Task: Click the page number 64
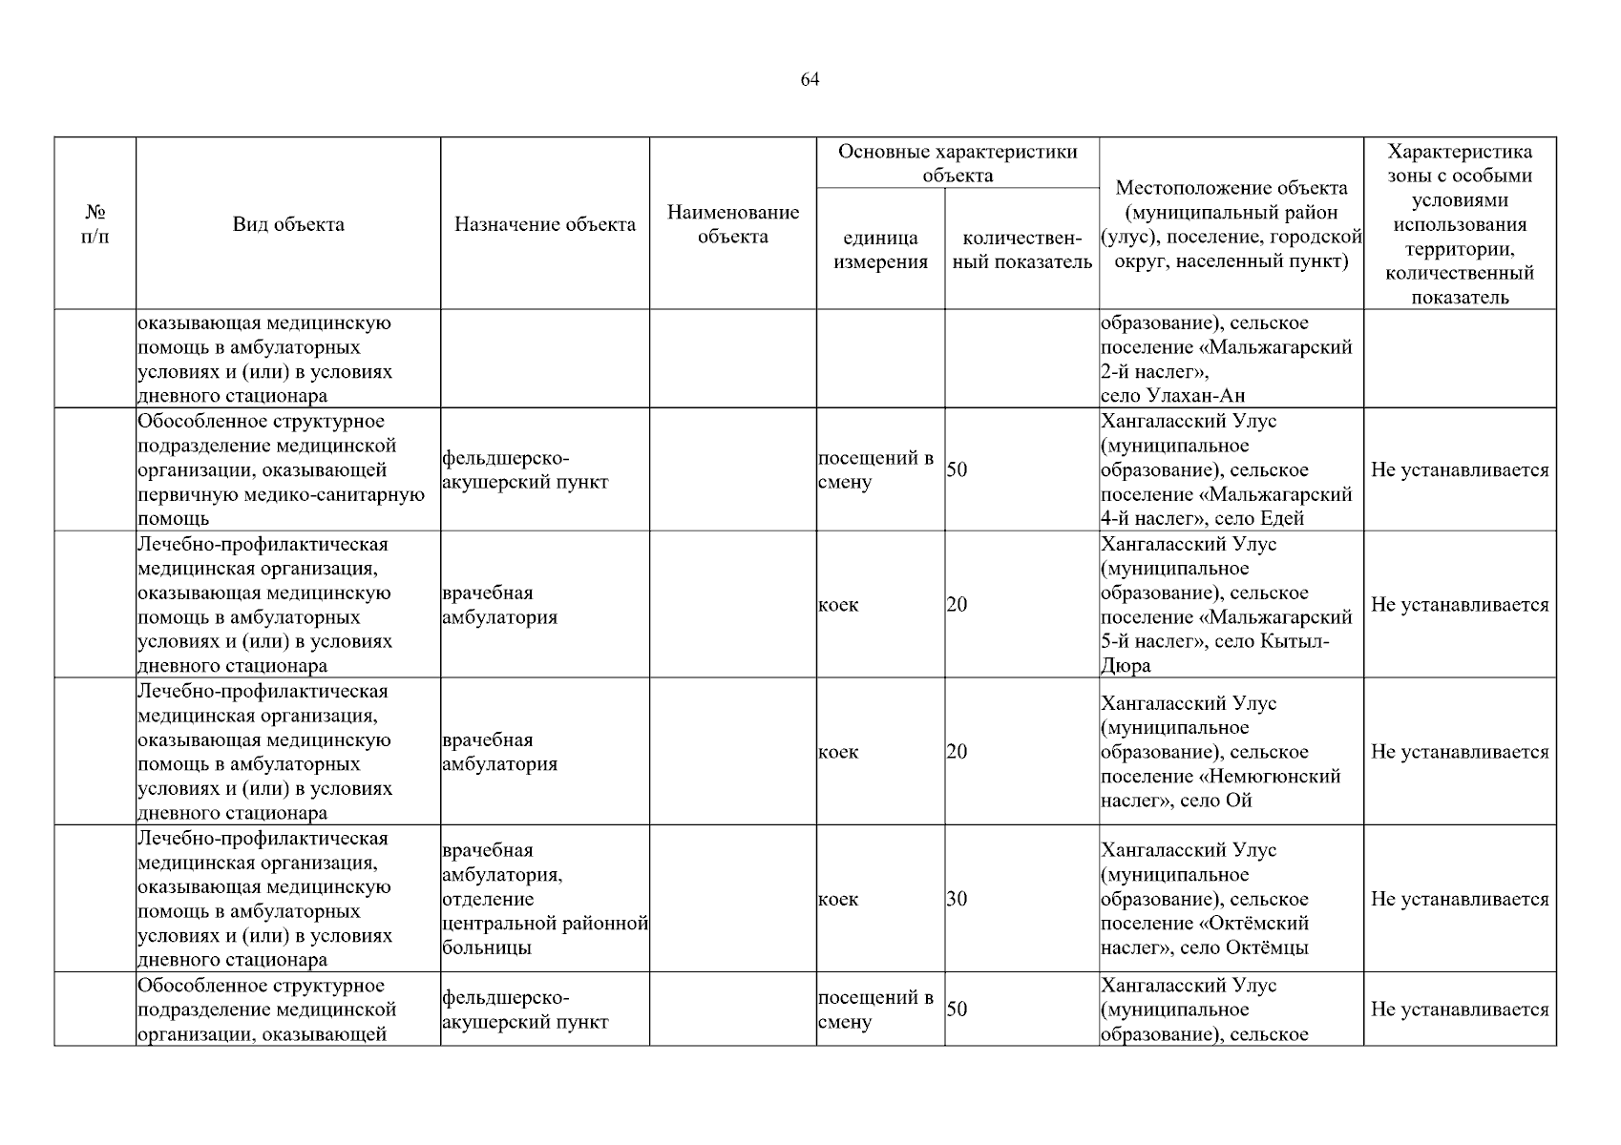(x=810, y=80)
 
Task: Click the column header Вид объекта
(x=288, y=225)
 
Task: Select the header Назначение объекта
(x=544, y=225)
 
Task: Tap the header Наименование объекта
(x=732, y=224)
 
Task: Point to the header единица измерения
(x=879, y=250)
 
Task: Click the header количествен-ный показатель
(x=1021, y=250)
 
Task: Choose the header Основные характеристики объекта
(x=957, y=163)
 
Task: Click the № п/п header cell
(x=95, y=224)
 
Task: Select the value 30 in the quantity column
(x=957, y=899)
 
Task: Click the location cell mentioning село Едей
(x=1230, y=470)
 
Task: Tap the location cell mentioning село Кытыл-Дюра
(x=1230, y=605)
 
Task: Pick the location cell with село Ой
(x=1230, y=752)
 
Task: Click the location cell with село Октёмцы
(x=1230, y=899)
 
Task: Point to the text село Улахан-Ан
(x=1172, y=396)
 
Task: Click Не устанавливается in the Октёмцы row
(x=1459, y=899)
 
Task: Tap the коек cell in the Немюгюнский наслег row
(x=838, y=752)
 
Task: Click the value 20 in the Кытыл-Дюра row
(x=957, y=605)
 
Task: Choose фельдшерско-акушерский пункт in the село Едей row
(x=525, y=470)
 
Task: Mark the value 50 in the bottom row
(x=957, y=1010)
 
